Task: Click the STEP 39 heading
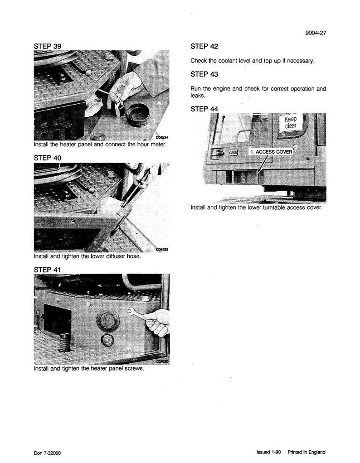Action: [48, 46]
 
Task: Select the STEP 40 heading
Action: [48, 158]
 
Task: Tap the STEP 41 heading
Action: [47, 270]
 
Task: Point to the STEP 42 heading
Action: [204, 46]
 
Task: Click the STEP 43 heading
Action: [204, 74]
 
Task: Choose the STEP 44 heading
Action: [204, 109]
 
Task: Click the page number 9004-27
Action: [316, 33]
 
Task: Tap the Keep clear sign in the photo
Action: [290, 122]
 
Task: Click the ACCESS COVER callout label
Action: [271, 152]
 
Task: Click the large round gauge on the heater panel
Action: [107, 321]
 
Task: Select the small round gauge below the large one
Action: [107, 340]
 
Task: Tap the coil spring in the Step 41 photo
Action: [65, 342]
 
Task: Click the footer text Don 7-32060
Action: [47, 453]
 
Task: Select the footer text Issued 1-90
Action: [268, 452]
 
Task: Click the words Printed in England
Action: [306, 452]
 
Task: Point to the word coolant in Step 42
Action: [228, 61]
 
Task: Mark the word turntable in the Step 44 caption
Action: [273, 207]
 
